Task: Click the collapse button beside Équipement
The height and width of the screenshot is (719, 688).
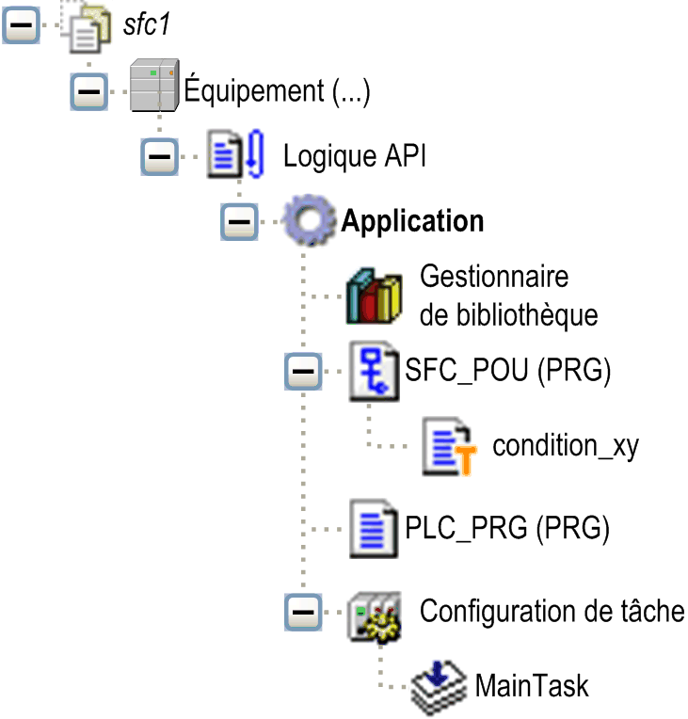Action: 88,91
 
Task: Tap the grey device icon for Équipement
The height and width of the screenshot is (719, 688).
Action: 153,86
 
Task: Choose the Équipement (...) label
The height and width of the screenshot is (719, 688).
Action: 278,91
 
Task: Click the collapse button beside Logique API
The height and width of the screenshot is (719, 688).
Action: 159,155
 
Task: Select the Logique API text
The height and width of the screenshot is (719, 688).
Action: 355,155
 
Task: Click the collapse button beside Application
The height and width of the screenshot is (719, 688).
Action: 239,221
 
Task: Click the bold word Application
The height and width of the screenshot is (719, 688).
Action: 412,221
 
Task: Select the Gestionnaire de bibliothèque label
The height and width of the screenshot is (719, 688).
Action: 508,296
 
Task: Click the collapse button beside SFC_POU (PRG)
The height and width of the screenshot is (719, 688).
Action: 302,372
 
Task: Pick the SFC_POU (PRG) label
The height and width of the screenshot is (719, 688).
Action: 508,371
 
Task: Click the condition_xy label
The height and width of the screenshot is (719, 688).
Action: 566,445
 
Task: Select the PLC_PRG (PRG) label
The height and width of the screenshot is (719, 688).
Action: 507,527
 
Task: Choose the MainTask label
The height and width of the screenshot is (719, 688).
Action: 532,684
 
